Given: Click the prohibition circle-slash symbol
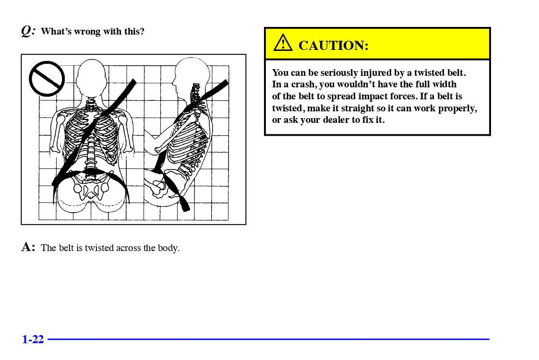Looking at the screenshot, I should pos(47,78).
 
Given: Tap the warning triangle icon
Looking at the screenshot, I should pos(283,44).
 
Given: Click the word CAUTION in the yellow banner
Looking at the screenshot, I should pos(333,46).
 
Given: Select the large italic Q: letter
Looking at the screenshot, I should pos(28,31).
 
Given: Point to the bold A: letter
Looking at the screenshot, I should pos(28,247).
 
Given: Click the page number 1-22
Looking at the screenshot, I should pos(33,339).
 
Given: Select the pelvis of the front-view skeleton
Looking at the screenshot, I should pos(91,187).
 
